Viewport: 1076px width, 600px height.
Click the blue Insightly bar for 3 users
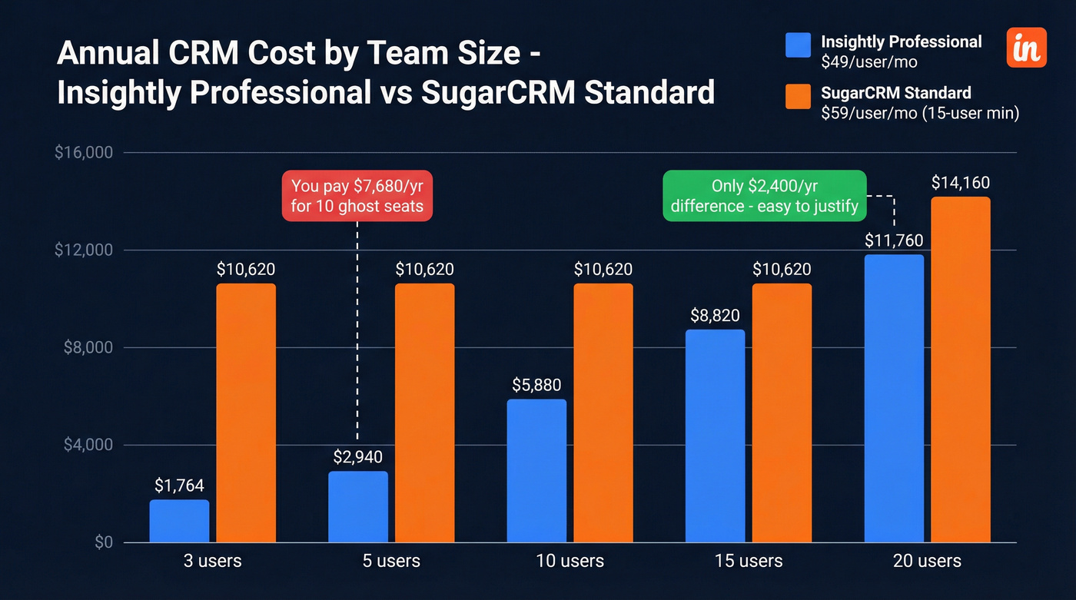click(179, 521)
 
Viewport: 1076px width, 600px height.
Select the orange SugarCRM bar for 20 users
click(960, 370)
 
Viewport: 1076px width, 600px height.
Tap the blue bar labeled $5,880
click(536, 470)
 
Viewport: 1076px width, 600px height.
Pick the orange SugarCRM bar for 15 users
click(781, 413)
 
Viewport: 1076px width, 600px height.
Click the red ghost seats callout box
click(357, 196)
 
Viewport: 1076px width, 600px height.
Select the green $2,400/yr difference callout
click(764, 196)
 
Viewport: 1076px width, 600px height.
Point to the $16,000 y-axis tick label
click(84, 153)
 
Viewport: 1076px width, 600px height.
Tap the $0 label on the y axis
click(103, 542)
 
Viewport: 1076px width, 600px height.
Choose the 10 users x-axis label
click(570, 561)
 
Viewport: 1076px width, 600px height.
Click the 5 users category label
click(390, 561)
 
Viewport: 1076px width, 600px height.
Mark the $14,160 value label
click(960, 183)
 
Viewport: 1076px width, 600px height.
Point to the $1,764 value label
click(179, 486)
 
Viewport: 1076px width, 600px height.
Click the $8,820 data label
click(716, 315)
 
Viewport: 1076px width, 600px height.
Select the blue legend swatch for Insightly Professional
click(798, 45)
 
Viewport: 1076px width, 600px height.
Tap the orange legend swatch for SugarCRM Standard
click(798, 97)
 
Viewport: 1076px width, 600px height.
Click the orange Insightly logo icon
click(1026, 48)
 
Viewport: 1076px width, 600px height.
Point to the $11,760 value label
click(894, 240)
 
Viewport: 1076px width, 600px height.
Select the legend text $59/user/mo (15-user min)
click(920, 114)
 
